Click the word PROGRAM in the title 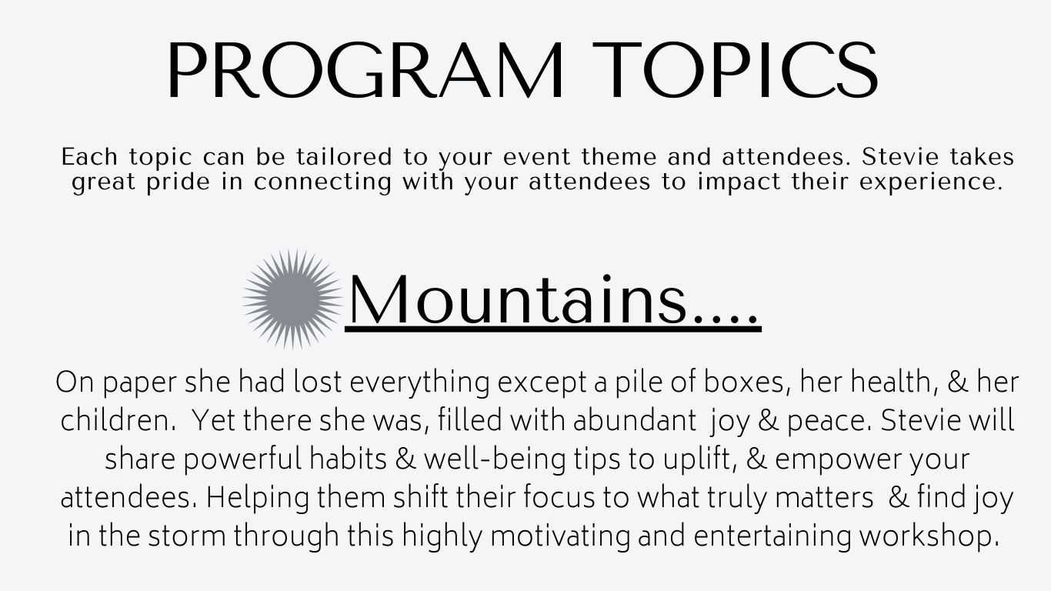point(365,71)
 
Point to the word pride point(179,182)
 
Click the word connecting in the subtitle point(323,182)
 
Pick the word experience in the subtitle point(931,182)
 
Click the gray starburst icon point(293,299)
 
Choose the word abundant point(635,420)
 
